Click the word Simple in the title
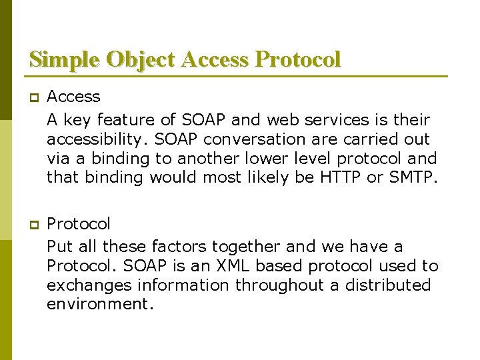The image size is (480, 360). pos(63,59)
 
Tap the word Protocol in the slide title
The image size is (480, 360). pos(298,59)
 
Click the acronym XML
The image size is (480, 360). pos(231,266)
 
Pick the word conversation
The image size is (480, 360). pos(240,139)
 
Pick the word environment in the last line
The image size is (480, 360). pos(99,305)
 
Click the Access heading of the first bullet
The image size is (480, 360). pos(73,97)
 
